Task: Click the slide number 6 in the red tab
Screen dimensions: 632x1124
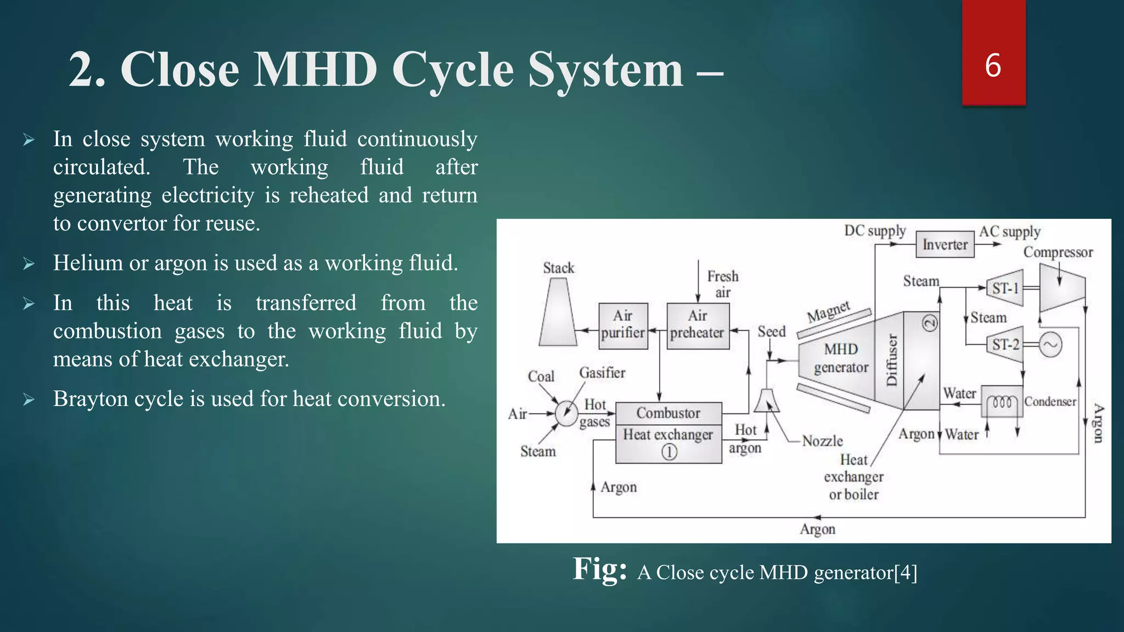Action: point(993,65)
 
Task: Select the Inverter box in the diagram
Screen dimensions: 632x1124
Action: point(945,245)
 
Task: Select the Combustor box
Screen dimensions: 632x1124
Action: point(668,413)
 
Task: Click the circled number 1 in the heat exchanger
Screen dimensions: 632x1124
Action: point(669,452)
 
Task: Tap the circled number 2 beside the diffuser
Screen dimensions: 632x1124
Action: point(930,323)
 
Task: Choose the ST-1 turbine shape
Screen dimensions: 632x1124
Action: point(1006,288)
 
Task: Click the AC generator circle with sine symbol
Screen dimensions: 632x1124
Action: point(1050,345)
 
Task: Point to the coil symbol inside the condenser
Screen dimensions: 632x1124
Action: point(1002,403)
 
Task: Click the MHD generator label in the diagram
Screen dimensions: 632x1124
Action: point(841,358)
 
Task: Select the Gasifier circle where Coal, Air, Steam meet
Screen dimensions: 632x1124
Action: point(566,413)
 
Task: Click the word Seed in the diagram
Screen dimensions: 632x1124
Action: point(771,332)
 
